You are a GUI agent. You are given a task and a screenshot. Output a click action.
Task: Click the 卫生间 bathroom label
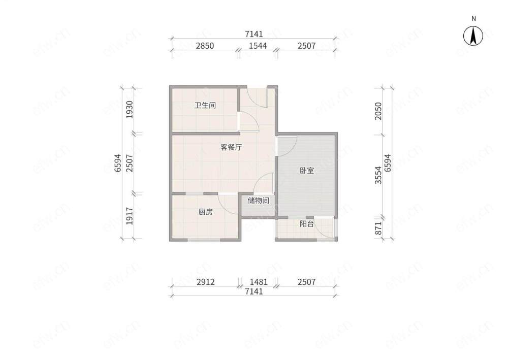pos(205,105)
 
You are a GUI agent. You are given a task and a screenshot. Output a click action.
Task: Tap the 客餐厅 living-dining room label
pos(231,147)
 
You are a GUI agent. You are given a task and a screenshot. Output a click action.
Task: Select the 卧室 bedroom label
pos(306,170)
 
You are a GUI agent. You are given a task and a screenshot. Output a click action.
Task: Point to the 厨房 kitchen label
pos(206,212)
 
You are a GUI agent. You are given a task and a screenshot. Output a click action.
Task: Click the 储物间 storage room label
pos(258,201)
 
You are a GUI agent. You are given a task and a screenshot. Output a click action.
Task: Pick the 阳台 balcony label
pos(306,223)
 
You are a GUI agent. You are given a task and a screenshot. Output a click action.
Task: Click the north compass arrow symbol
pos(473,36)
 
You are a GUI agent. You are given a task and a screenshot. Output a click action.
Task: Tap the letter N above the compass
pos(473,19)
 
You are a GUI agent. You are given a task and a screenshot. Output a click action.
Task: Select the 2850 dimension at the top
pos(205,46)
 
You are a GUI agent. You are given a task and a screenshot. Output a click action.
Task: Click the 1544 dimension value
pos(258,46)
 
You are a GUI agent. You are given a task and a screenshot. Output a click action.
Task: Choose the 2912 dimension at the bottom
pos(205,282)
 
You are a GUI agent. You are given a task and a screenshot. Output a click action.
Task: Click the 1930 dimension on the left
pos(129,110)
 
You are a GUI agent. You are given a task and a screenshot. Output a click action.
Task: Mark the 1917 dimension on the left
pos(129,216)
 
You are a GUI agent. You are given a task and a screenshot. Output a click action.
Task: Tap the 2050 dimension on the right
pos(378,111)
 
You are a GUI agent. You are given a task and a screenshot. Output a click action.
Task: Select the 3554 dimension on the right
pos(378,175)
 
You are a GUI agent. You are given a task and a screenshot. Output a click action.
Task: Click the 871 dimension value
pos(378,228)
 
